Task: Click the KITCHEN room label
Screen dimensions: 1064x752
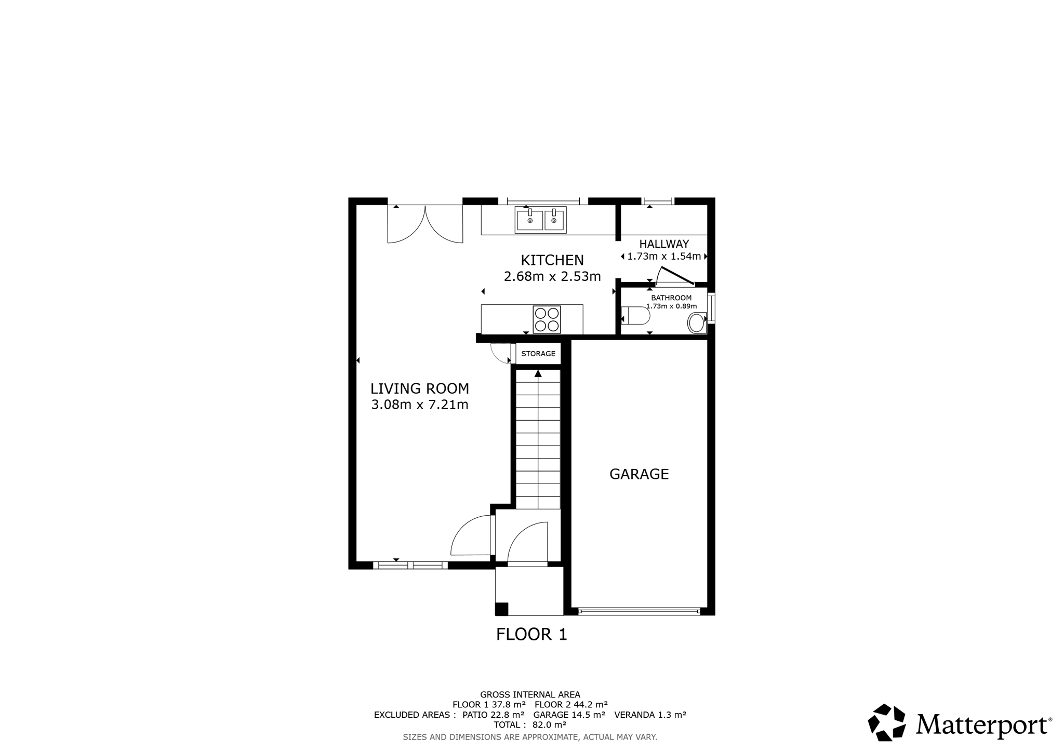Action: coord(552,260)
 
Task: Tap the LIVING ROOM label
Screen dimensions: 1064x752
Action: coord(420,388)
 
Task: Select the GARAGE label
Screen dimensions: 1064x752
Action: coord(639,474)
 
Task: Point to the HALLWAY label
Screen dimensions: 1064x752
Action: coord(664,244)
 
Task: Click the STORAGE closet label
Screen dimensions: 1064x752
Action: coord(538,354)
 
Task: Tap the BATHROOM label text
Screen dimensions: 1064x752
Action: coord(671,298)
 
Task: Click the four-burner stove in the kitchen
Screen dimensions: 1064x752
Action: coord(547,319)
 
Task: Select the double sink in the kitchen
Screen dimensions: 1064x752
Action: coord(541,220)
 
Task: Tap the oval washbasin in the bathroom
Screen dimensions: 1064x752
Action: coord(696,323)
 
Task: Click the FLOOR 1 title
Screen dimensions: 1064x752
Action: coord(531,634)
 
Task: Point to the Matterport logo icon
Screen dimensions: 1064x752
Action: coord(887,722)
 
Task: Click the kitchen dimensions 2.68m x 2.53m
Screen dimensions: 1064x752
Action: coord(552,276)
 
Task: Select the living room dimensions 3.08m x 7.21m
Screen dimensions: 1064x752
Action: coord(420,405)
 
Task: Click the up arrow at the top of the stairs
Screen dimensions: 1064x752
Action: coord(538,373)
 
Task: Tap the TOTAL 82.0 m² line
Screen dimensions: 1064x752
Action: coord(530,725)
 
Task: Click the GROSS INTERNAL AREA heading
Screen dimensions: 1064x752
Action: coord(530,694)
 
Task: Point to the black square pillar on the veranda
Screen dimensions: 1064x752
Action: coord(501,609)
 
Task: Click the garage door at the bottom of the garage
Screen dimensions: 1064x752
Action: coord(640,612)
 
